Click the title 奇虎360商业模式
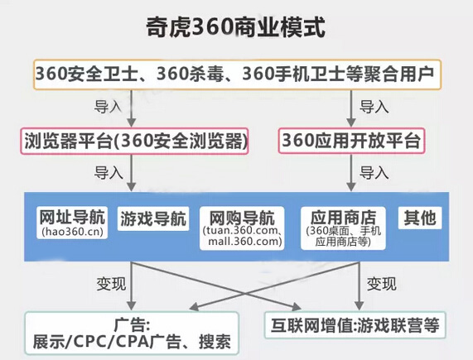235,27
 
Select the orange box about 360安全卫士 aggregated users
238,74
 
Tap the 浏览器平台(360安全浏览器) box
134,141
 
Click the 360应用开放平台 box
351,141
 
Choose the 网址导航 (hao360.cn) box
72,223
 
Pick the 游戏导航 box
153,218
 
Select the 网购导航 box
242,228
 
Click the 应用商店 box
343,228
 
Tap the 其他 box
420,218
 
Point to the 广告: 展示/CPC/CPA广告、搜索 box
132,334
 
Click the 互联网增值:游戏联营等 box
355,325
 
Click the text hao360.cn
72,232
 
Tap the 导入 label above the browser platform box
108,107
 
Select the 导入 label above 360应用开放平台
374,107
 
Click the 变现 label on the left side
111,284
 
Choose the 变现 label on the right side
381,284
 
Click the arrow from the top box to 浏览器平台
131,108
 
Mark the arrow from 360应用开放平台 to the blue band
350,173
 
